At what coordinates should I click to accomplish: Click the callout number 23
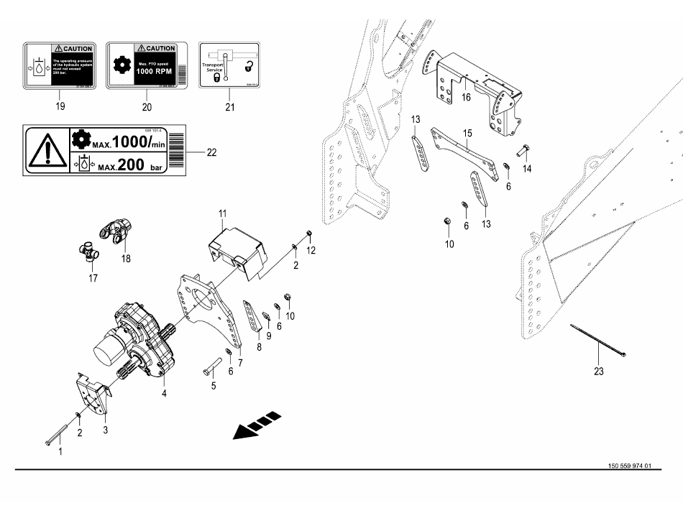[599, 372]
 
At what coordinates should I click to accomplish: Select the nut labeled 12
[308, 234]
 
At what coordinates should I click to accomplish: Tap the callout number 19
[60, 106]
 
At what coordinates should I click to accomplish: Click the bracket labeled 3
[93, 395]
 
